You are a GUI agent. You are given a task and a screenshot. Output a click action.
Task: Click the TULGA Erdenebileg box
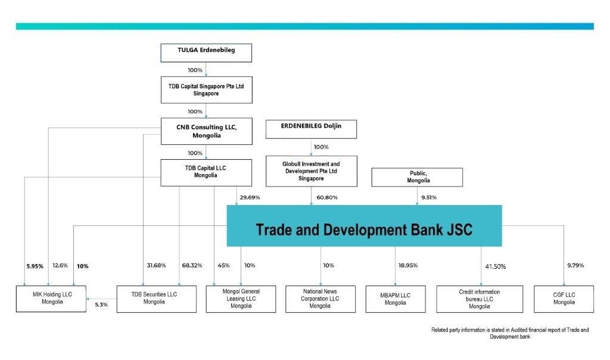[x=206, y=52]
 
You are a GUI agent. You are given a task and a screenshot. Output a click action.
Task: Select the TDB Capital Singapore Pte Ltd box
[x=206, y=90]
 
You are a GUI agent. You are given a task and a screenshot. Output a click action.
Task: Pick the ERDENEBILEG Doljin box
[x=311, y=129]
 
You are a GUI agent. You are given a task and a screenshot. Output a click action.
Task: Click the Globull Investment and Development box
[x=311, y=170]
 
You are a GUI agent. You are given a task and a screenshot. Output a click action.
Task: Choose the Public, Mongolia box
[x=417, y=177]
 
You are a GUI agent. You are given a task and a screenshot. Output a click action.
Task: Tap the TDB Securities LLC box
[x=156, y=299]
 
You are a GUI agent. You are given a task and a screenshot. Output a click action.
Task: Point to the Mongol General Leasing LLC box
[x=241, y=299]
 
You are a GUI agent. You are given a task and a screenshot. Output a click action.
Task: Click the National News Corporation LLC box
[x=320, y=299]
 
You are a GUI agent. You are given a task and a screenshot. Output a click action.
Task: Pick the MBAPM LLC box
[x=395, y=299]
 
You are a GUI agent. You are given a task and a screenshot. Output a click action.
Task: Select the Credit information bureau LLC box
[x=480, y=299]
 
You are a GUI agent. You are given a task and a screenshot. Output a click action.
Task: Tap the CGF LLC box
[x=564, y=299]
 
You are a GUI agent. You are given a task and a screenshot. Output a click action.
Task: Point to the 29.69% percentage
[x=250, y=197]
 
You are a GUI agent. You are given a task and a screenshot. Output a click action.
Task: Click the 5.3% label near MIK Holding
[x=101, y=305]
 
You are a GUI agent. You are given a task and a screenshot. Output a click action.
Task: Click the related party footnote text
[x=509, y=333]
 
